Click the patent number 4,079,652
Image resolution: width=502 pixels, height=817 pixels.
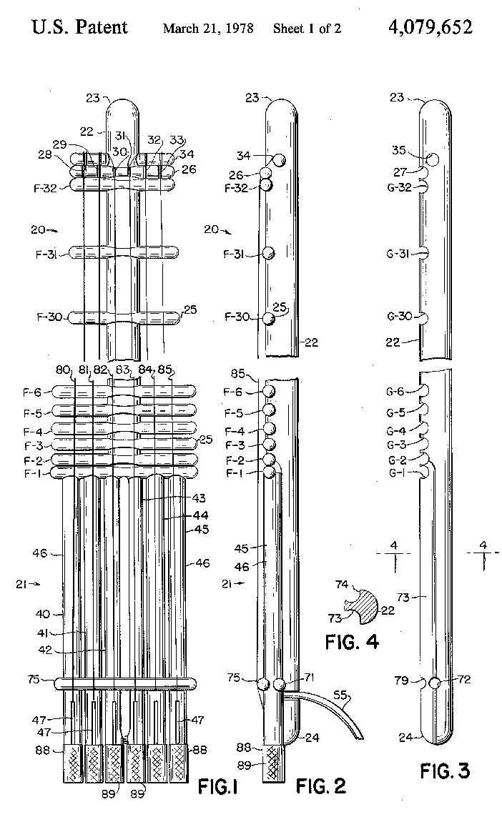[x=430, y=27]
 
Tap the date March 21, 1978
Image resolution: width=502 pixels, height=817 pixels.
[x=208, y=28]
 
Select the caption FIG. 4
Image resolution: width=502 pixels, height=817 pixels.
[x=352, y=641]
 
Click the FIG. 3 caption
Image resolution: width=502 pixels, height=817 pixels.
[x=445, y=771]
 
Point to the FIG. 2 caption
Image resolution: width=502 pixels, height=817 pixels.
[x=320, y=786]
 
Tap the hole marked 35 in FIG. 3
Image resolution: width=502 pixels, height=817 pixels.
[x=432, y=159]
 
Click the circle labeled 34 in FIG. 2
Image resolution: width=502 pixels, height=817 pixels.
[x=279, y=160]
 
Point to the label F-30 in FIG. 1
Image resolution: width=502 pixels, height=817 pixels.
[x=49, y=317]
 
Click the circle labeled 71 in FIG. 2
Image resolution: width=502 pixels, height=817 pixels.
[x=280, y=684]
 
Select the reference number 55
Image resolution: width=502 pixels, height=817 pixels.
[x=340, y=695]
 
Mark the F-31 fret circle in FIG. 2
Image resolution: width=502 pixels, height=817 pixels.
[x=268, y=253]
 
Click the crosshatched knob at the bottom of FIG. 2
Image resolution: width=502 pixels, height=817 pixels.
[x=272, y=764]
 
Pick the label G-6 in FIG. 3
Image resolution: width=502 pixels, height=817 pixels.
[x=396, y=392]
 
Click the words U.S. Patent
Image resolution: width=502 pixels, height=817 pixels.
[x=80, y=27]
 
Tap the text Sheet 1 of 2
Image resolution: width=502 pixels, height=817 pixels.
[x=307, y=28]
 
